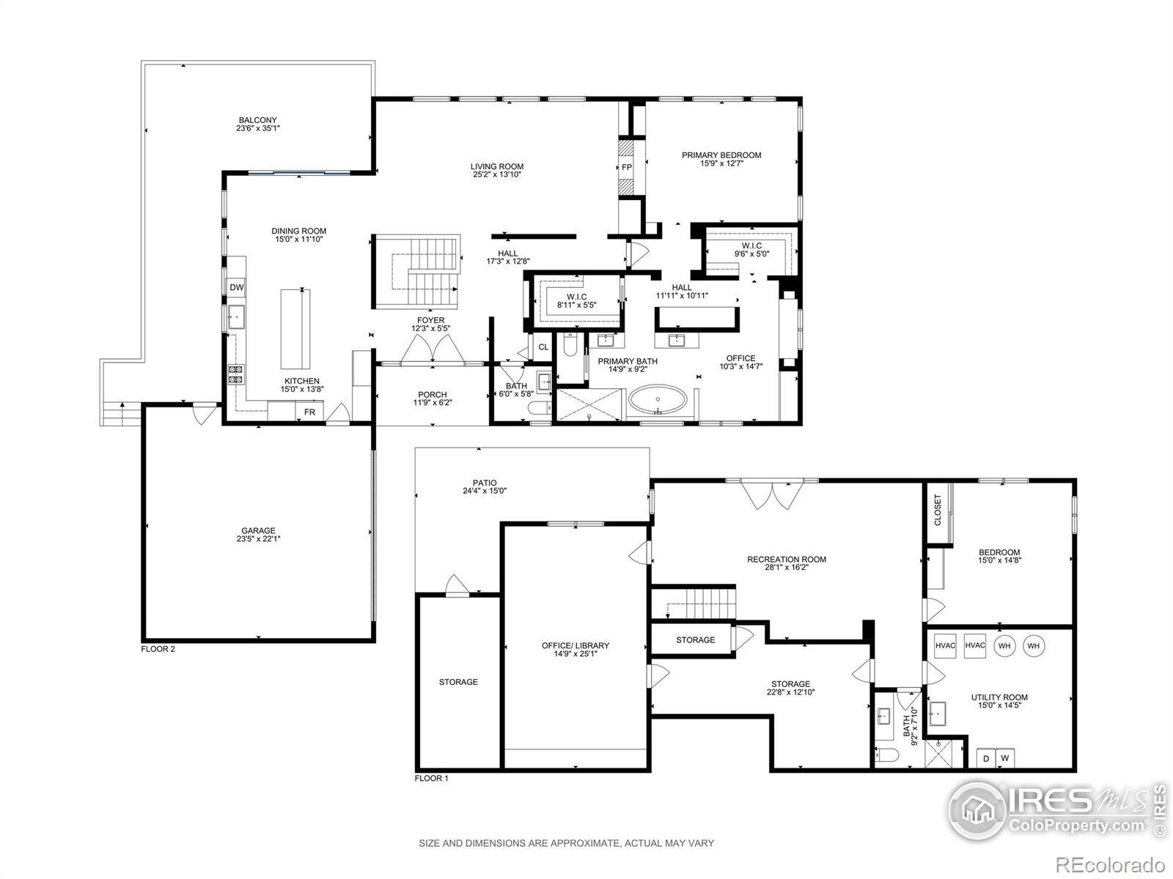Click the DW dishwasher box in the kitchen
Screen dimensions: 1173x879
point(236,287)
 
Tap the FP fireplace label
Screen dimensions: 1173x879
point(626,167)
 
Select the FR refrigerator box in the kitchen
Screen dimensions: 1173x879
point(309,412)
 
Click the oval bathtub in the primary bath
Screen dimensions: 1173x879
point(658,399)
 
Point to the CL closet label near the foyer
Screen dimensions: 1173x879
point(543,347)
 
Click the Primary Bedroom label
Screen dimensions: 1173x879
point(721,155)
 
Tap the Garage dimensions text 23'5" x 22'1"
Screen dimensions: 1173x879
point(258,538)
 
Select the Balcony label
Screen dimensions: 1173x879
point(257,120)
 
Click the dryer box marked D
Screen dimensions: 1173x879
point(986,758)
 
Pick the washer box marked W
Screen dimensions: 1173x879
point(1004,758)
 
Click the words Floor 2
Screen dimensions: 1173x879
point(158,649)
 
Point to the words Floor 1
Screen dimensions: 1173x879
point(431,778)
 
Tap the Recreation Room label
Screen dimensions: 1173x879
point(786,560)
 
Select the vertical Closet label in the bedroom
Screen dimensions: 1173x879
point(938,510)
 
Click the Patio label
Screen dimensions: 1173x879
point(484,483)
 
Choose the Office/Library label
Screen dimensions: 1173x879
point(575,645)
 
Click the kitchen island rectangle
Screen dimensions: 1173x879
point(295,329)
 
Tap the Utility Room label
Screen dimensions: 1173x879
point(999,697)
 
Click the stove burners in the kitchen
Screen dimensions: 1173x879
point(235,374)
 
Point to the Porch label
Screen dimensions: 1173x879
point(433,394)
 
